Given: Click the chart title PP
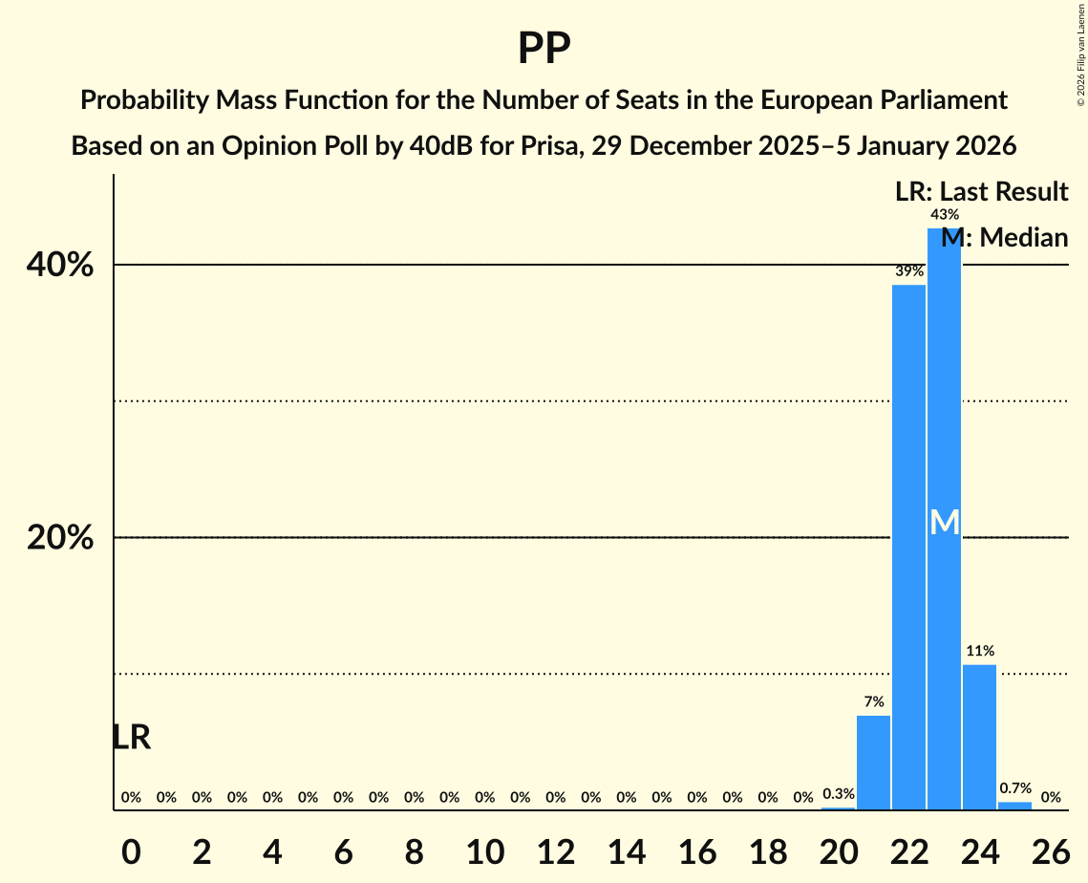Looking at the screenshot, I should pyautogui.click(x=544, y=48).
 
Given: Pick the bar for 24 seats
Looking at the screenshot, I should pyautogui.click(x=979, y=737).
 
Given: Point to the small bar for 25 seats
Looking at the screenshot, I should pyautogui.click(x=1014, y=806).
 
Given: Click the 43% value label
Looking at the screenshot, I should pyautogui.click(x=944, y=215).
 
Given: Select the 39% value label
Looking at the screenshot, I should pyautogui.click(x=908, y=271).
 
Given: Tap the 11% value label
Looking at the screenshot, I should pyautogui.click(x=979, y=651).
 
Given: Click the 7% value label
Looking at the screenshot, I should pyautogui.click(x=873, y=701).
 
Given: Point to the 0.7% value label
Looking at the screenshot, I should pyautogui.click(x=1014, y=788).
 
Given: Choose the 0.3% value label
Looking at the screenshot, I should pyautogui.click(x=838, y=793).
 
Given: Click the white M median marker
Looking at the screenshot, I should pyautogui.click(x=944, y=522).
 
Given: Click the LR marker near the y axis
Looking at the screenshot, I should pyautogui.click(x=131, y=737).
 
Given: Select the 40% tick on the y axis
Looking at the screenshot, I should pyautogui.click(x=60, y=266).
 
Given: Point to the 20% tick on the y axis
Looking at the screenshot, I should pyautogui.click(x=60, y=538).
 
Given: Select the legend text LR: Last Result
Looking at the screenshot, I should pyautogui.click(x=981, y=191).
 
